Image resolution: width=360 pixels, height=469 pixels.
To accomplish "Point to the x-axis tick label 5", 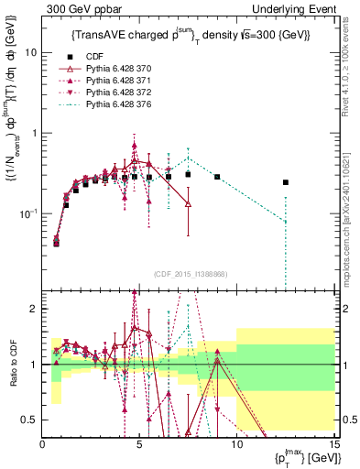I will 139,444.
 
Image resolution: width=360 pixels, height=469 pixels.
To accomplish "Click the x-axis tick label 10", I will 236,444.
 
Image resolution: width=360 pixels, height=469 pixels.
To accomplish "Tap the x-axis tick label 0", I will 43,444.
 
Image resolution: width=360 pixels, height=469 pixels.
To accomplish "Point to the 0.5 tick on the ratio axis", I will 29,420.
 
